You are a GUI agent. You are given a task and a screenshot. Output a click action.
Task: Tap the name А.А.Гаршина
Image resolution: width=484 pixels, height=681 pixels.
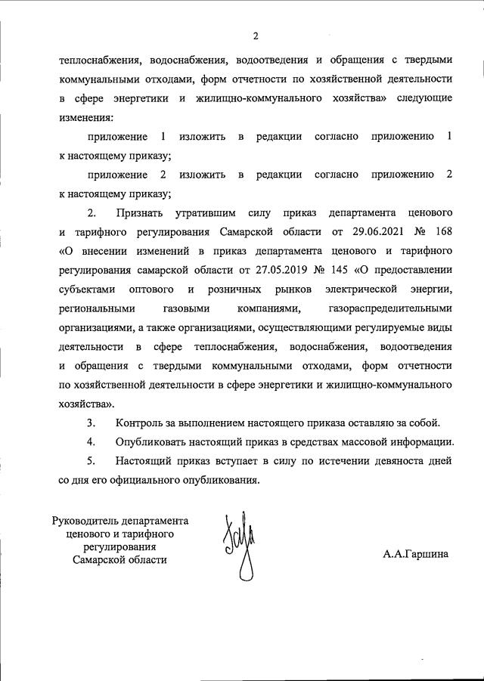click(415, 554)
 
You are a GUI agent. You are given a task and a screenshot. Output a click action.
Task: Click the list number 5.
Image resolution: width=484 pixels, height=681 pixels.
click(92, 460)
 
